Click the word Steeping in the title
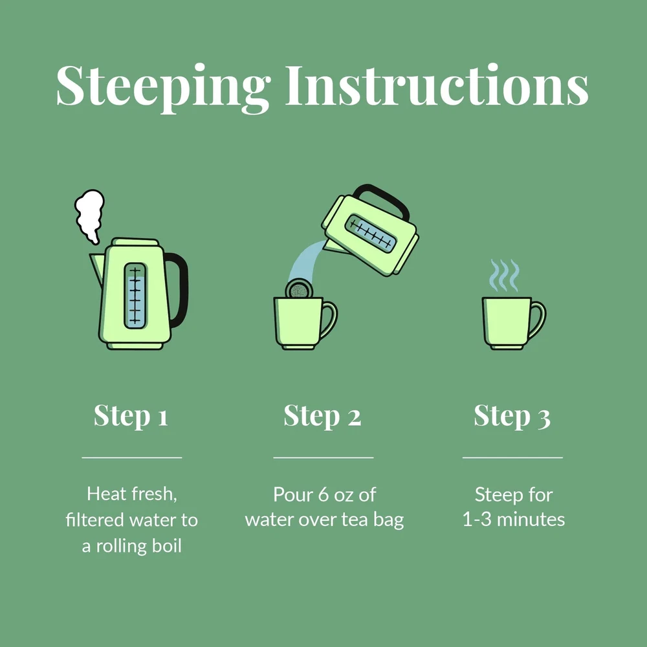tap(163, 88)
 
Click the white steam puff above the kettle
tap(89, 216)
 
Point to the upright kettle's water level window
tap(135, 296)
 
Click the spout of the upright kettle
tap(98, 267)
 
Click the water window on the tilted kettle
tap(370, 233)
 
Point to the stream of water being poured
tap(307, 261)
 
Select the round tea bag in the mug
tap(299, 289)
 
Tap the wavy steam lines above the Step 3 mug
tap(504, 275)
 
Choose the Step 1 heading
tap(131, 416)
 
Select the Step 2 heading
tap(322, 416)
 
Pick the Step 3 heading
tap(512, 416)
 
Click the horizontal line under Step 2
tap(323, 457)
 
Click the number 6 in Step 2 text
tap(323, 495)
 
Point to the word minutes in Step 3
tap(531, 520)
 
